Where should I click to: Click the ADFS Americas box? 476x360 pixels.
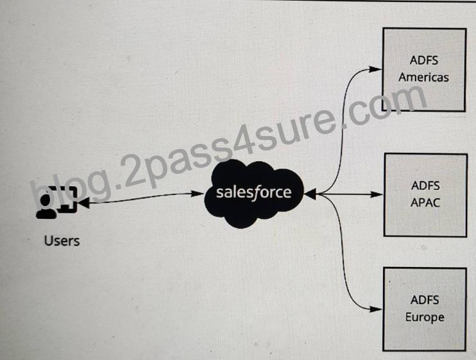click(x=424, y=70)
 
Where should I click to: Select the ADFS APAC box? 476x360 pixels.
click(x=425, y=195)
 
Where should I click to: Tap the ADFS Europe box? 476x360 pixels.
click(x=425, y=309)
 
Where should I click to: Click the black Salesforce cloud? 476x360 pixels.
click(x=254, y=193)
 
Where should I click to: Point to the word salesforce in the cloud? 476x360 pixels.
click(x=253, y=193)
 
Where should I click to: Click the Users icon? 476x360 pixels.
click(x=56, y=201)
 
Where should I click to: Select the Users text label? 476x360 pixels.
click(x=62, y=241)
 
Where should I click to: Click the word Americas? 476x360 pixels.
click(x=424, y=78)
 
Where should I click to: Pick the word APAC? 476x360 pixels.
click(x=425, y=203)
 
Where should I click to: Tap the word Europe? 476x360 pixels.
click(x=425, y=318)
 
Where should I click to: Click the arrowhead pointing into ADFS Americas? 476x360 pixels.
click(x=375, y=69)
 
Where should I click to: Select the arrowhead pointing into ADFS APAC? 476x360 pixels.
click(x=377, y=194)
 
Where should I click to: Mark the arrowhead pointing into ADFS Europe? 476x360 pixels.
click(x=376, y=309)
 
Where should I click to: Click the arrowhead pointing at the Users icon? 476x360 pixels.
click(x=84, y=201)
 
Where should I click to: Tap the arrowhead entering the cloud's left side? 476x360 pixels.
click(x=198, y=194)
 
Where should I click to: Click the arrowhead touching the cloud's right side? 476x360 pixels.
click(x=310, y=194)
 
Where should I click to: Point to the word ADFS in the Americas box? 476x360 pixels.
click(x=424, y=60)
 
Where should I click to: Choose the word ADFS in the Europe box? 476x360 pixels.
click(x=425, y=300)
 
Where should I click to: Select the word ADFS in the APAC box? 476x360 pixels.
click(x=425, y=185)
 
